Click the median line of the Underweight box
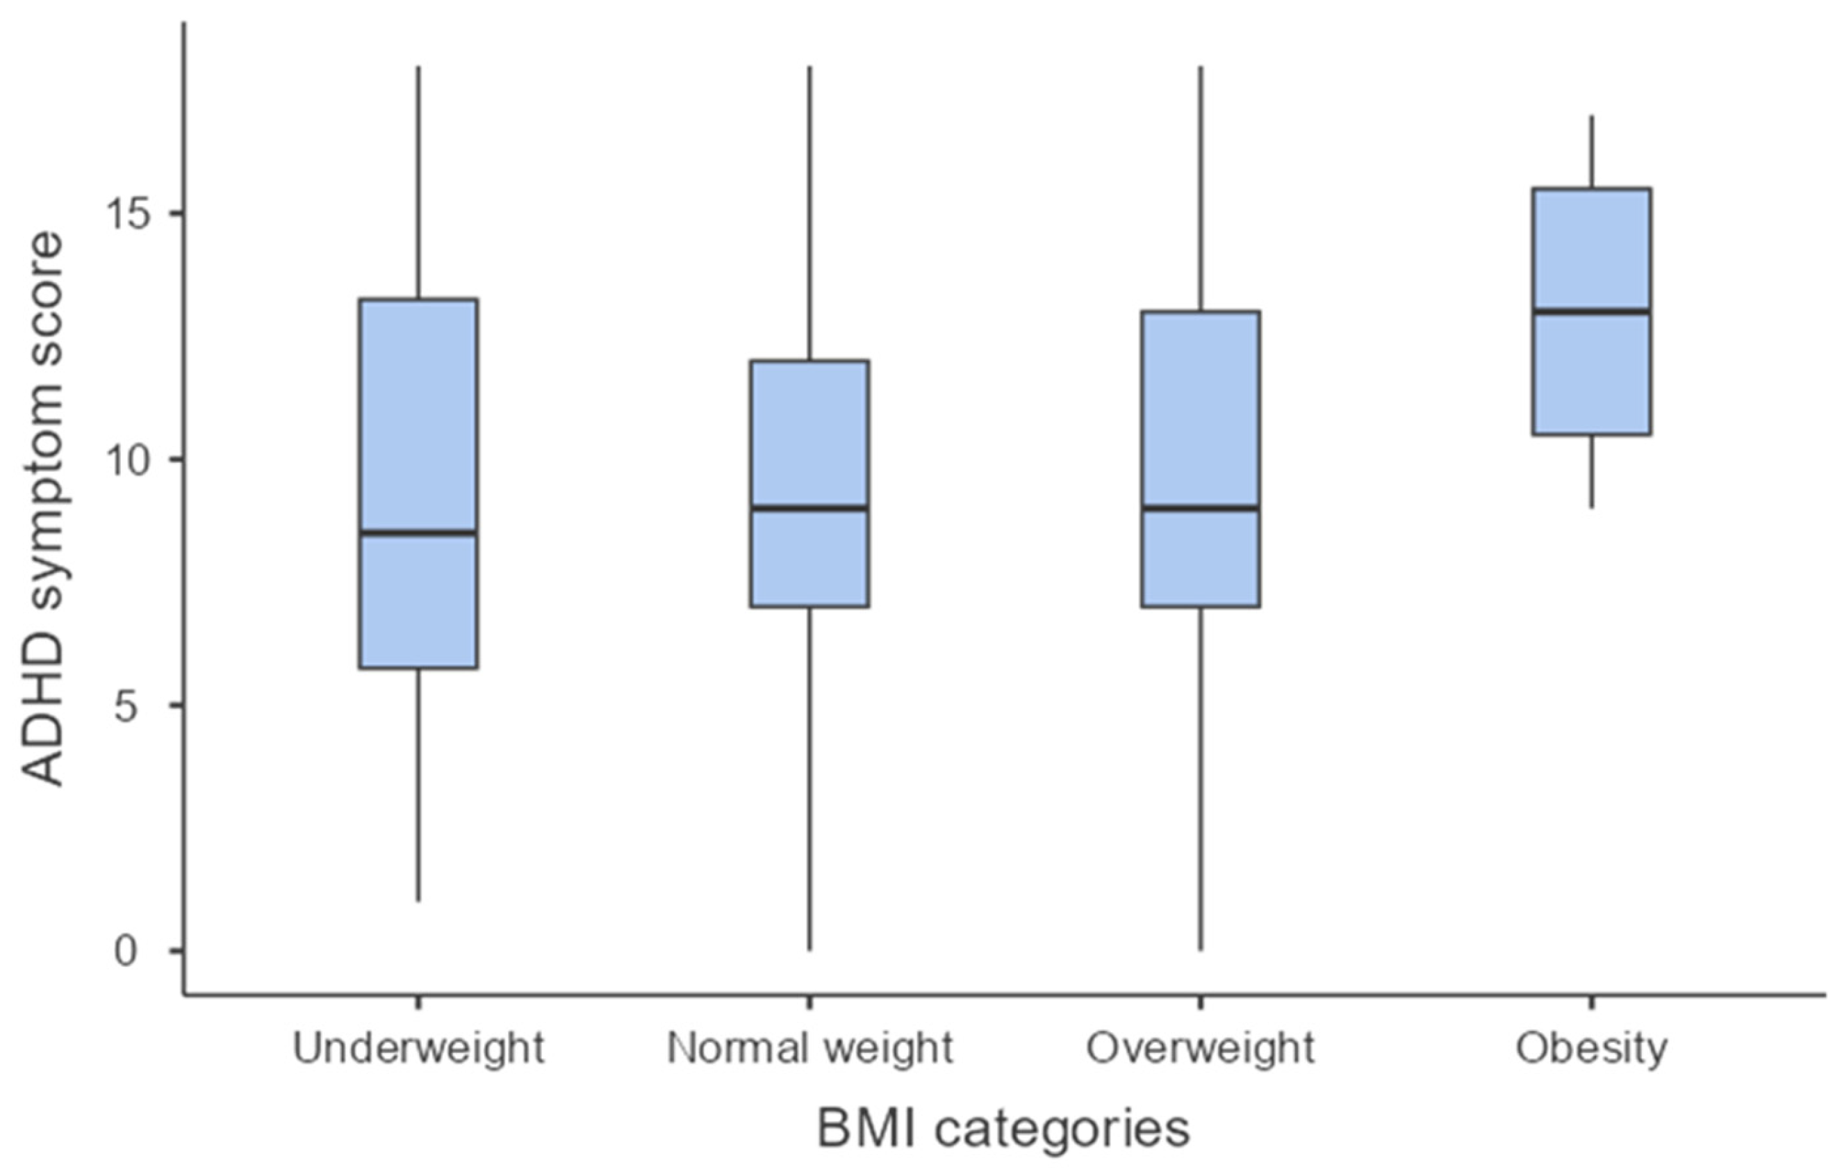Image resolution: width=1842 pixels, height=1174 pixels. [x=418, y=532]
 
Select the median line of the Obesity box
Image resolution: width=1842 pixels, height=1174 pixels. [x=1592, y=311]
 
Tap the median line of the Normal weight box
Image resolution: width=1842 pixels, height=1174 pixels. [x=809, y=507]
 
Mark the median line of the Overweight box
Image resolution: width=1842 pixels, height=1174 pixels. [x=1200, y=507]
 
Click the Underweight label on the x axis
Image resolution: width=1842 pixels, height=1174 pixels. [x=418, y=1047]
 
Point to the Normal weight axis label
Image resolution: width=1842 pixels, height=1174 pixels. [x=809, y=1047]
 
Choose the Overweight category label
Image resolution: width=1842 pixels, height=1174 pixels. [x=1200, y=1047]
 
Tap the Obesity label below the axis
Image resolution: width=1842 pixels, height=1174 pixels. [x=1592, y=1047]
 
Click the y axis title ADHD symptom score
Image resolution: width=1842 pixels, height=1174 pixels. [x=42, y=509]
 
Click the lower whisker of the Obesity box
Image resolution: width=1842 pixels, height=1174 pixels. [x=1592, y=471]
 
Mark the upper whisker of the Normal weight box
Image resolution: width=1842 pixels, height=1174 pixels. [x=809, y=214]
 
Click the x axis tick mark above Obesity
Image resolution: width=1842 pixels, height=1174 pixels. [x=1592, y=1002]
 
